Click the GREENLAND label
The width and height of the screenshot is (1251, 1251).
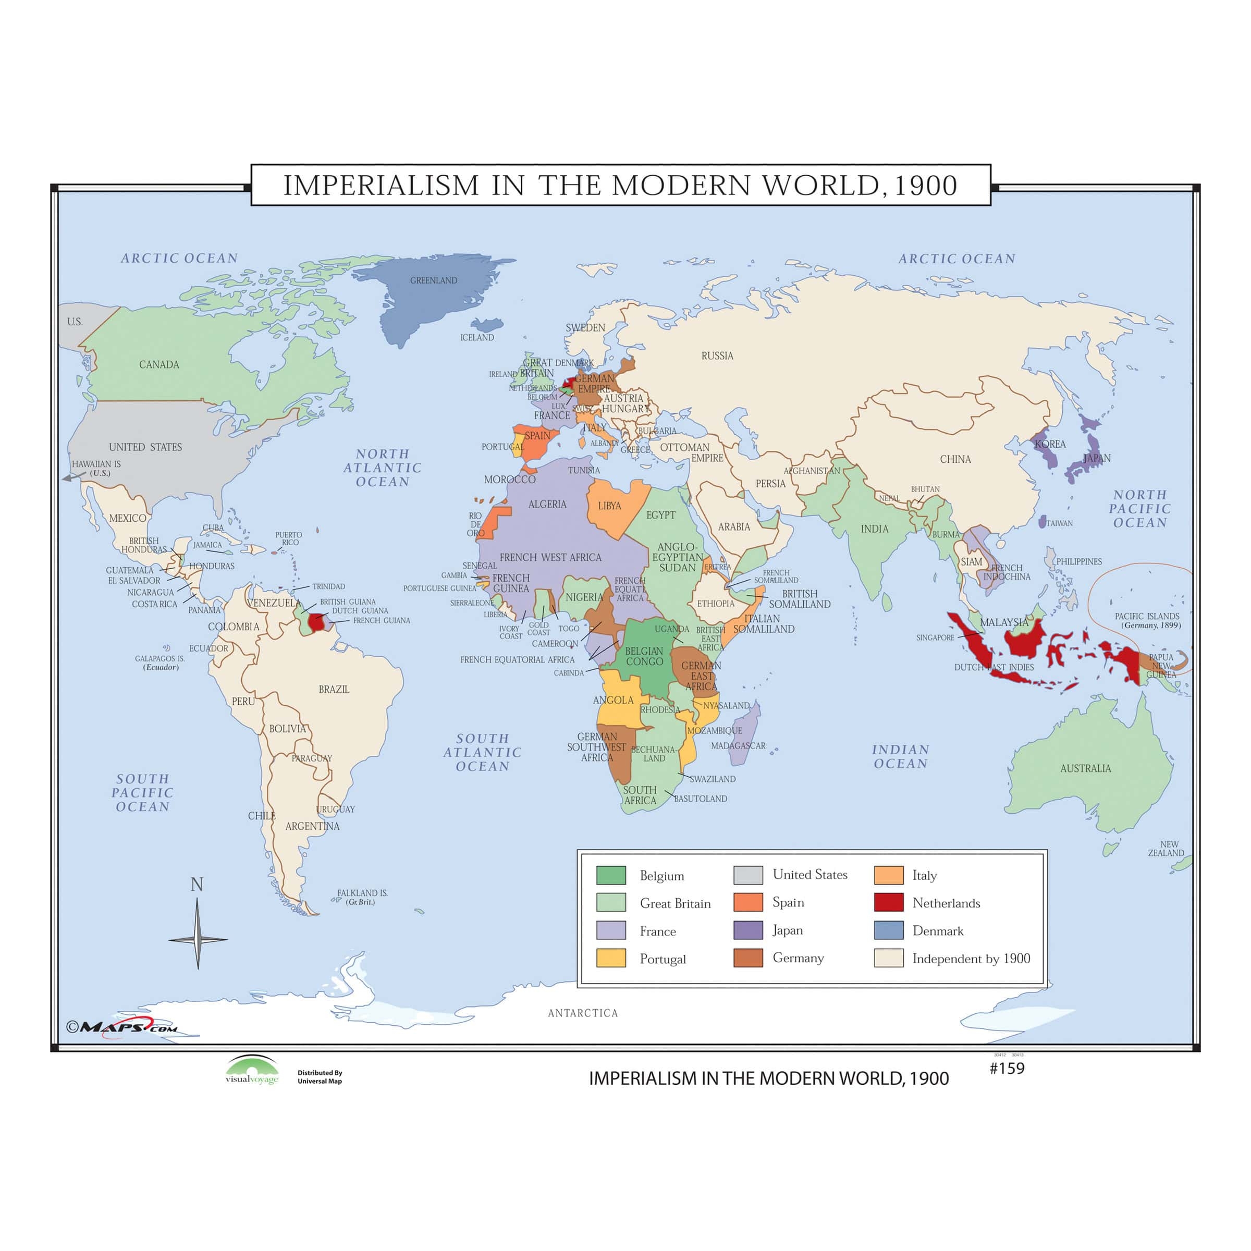coord(433,280)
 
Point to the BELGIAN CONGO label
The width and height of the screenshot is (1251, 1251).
coord(644,656)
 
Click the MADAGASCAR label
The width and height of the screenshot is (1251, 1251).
coord(738,746)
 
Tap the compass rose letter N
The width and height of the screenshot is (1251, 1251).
coord(197,885)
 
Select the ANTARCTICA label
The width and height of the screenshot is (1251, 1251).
coord(583,1013)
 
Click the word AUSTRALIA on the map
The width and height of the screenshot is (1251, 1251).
coord(1085,769)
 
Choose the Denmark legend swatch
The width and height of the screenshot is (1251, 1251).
coord(888,930)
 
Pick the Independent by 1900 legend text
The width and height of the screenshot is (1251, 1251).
coord(971,959)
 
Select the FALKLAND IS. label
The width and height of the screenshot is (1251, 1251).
coord(362,897)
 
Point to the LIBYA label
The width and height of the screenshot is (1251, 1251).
coord(609,506)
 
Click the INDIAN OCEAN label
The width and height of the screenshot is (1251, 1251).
coord(900,756)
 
